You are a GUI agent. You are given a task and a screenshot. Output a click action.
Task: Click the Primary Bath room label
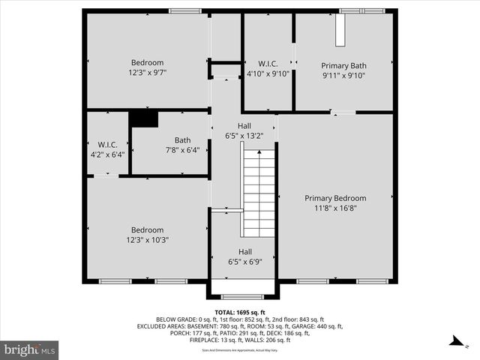point(343,65)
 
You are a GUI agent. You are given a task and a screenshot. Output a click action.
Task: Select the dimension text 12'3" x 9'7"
point(147,73)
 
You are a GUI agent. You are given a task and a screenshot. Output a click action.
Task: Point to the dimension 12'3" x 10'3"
point(147,240)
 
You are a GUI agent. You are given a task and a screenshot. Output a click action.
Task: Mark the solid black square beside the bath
point(143,118)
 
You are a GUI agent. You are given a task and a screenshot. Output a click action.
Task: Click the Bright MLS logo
point(30,349)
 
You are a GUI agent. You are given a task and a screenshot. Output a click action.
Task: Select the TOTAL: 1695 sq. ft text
point(239,312)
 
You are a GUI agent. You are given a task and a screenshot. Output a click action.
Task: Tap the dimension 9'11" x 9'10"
point(343,75)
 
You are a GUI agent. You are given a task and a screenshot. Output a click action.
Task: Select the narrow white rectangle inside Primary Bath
point(341,31)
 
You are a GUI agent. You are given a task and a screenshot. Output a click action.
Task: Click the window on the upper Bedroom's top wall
point(179,11)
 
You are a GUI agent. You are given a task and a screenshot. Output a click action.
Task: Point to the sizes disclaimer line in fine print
point(239,350)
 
